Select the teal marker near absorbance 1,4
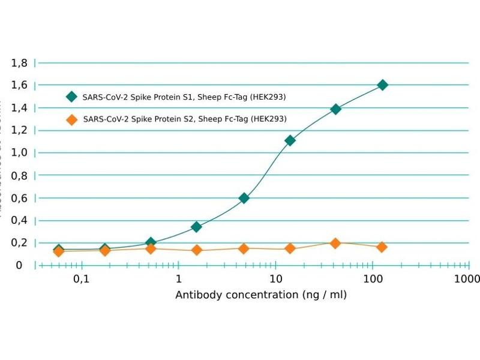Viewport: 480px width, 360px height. coord(336,109)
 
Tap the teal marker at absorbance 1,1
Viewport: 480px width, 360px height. coord(290,140)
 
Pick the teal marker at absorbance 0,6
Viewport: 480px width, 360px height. coord(244,198)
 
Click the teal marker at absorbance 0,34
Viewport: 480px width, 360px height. coord(196,227)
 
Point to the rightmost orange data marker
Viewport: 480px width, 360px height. coord(382,247)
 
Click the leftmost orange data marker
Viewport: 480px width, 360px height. coord(58,251)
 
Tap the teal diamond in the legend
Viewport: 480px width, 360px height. coord(72,97)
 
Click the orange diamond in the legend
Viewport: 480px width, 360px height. coord(72,119)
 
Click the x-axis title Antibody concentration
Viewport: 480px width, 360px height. coord(261,295)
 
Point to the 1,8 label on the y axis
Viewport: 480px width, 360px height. coord(20,62)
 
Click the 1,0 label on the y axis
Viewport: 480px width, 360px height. coord(20,152)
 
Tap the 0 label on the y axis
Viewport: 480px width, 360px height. coord(19,265)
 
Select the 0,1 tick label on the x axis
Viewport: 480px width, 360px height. coord(81,280)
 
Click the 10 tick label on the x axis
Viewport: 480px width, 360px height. coord(275,280)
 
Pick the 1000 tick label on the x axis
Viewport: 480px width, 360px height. coord(467,280)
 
